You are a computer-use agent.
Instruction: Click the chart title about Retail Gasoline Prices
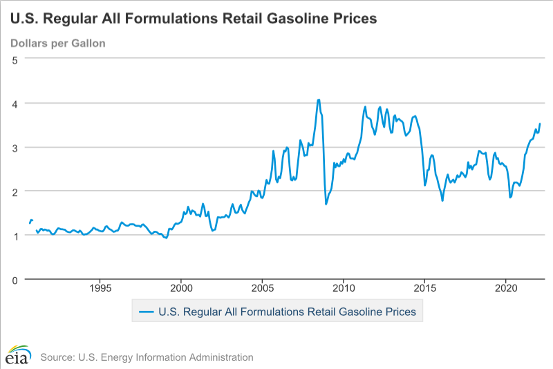click(x=193, y=19)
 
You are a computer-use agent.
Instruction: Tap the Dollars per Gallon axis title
click(x=57, y=44)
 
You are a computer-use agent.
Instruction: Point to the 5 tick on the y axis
click(x=15, y=59)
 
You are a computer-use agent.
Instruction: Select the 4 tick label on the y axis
click(x=15, y=104)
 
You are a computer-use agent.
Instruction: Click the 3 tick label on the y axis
click(x=15, y=148)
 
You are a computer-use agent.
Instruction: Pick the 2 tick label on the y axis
click(x=15, y=191)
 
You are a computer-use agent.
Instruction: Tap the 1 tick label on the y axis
click(x=15, y=236)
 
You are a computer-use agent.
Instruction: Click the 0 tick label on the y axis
click(x=15, y=280)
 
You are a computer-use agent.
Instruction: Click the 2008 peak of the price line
click(x=319, y=100)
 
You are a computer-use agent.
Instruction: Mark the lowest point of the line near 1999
click(x=166, y=238)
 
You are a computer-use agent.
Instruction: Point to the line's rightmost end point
click(x=540, y=124)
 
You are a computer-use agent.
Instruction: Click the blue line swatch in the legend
click(x=146, y=312)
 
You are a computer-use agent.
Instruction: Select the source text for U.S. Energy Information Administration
click(x=147, y=357)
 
